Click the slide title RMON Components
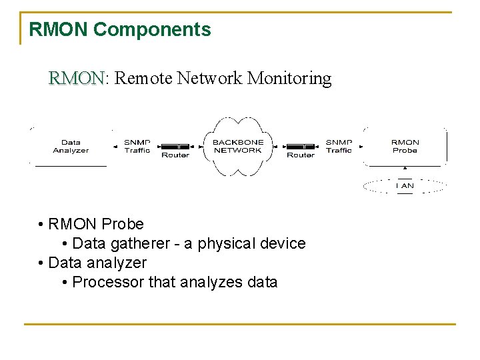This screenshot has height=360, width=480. point(120,29)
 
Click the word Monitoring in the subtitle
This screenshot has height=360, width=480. point(289,79)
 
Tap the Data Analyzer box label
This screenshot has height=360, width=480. point(71,146)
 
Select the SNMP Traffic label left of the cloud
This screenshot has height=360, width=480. point(137,146)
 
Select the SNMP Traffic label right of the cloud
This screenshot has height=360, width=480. point(339,146)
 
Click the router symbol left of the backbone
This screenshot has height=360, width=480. point(175,146)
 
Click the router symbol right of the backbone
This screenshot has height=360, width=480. point(300,146)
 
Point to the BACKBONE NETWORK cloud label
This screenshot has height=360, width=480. point(238,146)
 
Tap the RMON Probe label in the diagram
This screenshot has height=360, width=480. point(405,146)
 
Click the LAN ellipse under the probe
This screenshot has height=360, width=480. point(405,185)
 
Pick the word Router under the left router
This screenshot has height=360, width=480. point(175,155)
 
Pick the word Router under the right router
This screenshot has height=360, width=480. point(300,155)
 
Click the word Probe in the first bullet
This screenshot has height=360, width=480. point(123,224)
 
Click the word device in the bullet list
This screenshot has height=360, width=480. point(282,243)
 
